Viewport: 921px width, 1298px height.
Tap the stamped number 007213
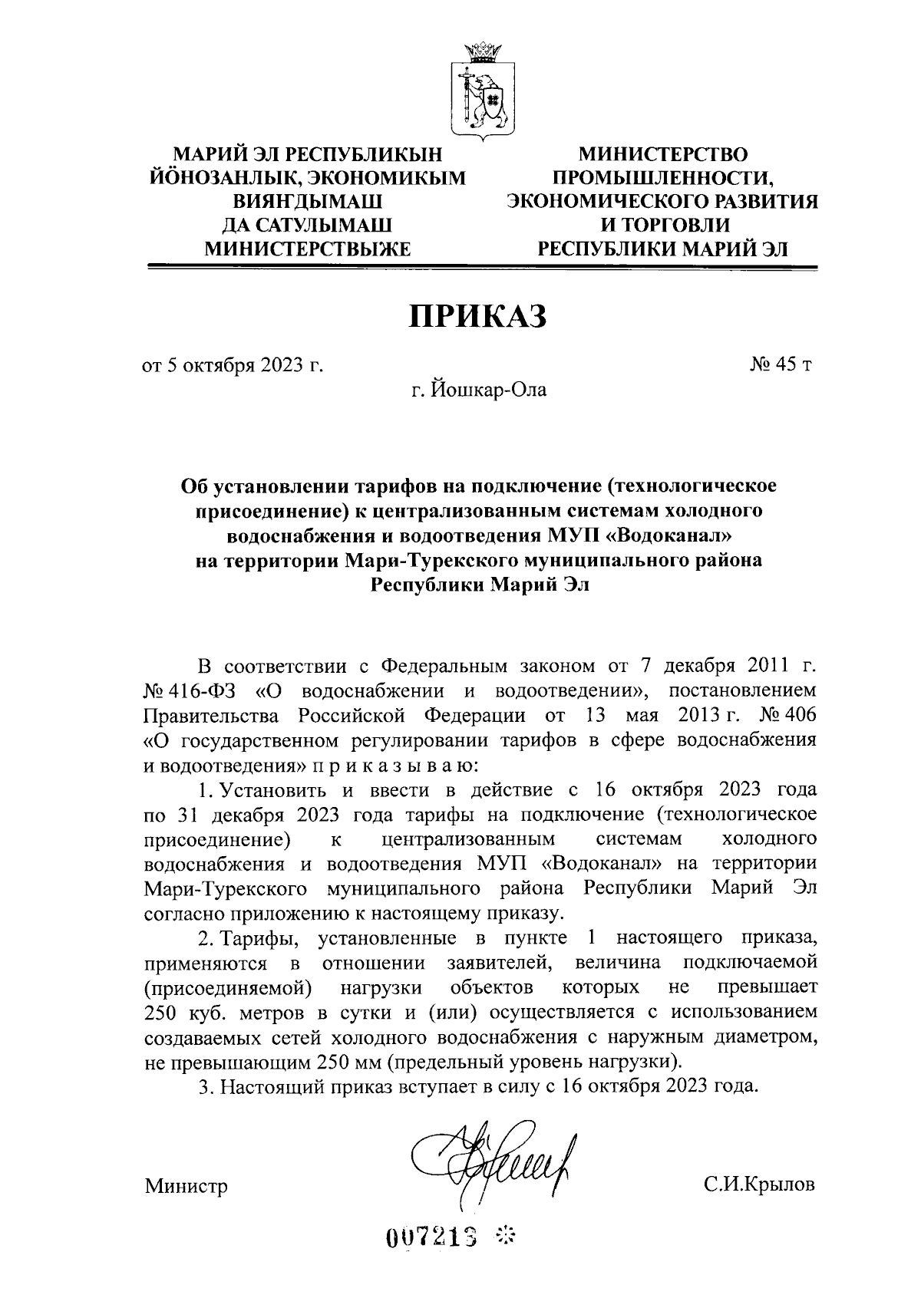click(x=433, y=1236)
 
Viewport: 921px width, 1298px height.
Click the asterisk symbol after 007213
click(x=506, y=1235)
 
